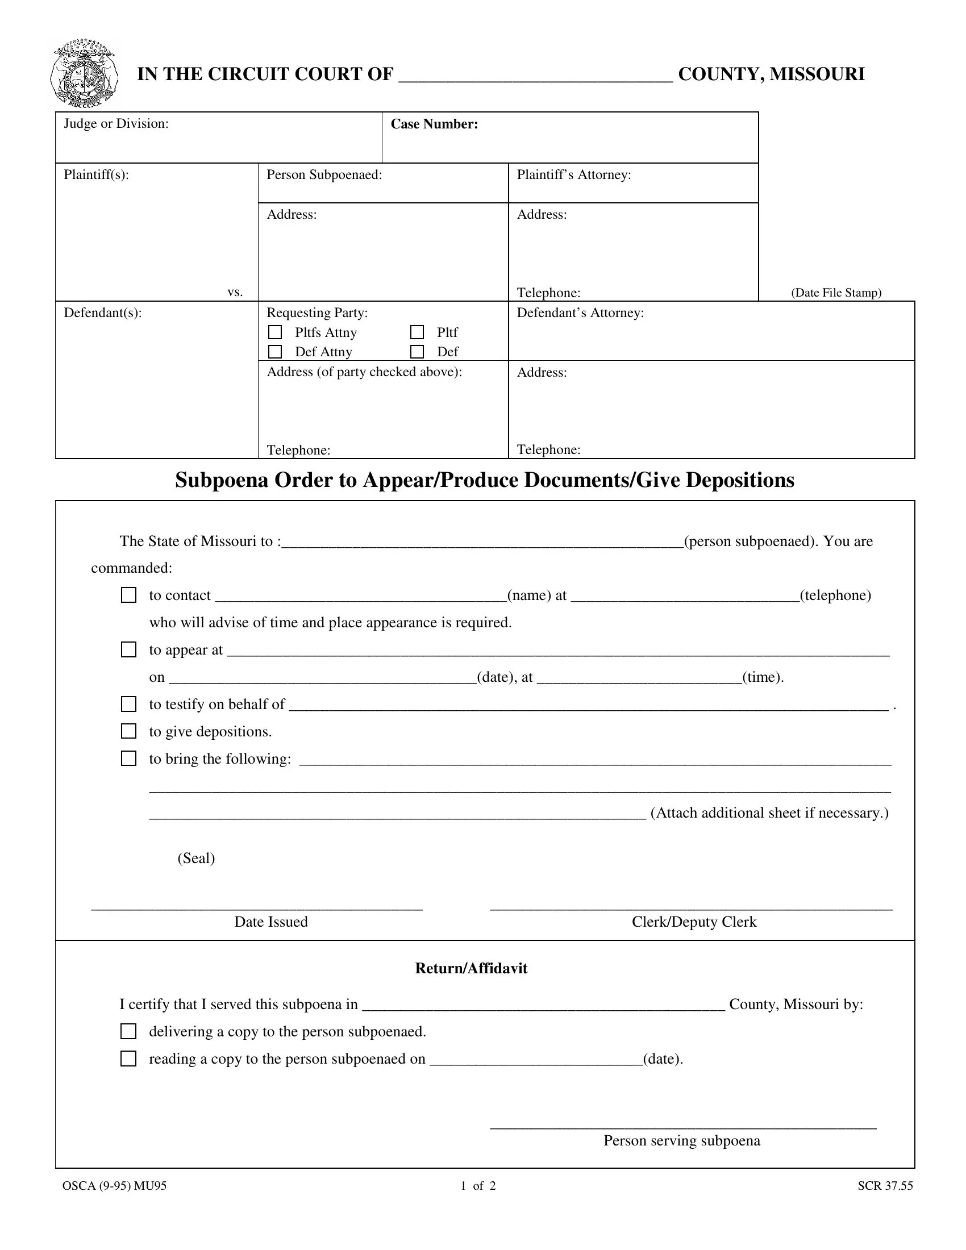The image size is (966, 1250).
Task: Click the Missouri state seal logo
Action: pos(85,74)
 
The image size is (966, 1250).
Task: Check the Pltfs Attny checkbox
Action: pos(275,332)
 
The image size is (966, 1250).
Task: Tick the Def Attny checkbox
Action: pos(275,351)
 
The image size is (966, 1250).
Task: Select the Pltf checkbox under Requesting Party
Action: pos(417,332)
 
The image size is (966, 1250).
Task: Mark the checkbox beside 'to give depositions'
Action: pos(129,731)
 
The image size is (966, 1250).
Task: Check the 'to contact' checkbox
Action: pos(129,595)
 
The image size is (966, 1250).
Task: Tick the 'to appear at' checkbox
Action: pos(129,649)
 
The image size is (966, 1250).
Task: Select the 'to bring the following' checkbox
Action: pos(129,759)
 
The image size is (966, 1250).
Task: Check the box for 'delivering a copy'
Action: pos(129,1031)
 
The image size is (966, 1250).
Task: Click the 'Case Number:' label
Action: pos(434,124)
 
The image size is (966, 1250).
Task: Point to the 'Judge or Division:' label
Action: pos(116,124)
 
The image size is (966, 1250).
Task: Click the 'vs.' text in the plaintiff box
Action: pos(235,293)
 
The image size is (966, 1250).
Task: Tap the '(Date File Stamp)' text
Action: pos(836,293)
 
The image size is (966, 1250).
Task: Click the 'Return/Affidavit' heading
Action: pos(471,968)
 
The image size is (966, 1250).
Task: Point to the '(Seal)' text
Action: pos(196,858)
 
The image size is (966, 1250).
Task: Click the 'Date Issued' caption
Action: pos(270,922)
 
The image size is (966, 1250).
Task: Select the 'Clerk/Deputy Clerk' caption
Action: pos(694,922)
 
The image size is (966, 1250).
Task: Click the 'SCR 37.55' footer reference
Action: pos(885,1186)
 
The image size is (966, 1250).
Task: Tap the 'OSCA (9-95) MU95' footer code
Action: pos(114,1186)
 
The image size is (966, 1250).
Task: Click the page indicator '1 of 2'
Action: pos(478,1186)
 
